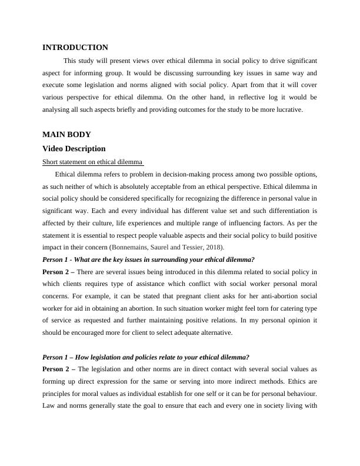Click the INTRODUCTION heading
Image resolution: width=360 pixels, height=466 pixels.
point(75,48)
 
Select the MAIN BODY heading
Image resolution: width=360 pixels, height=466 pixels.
point(66,135)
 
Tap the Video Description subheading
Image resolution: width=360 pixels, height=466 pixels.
point(74,149)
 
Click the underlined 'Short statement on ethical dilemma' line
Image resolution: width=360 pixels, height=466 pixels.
point(93,162)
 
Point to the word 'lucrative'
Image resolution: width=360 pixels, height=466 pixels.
point(286,109)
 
